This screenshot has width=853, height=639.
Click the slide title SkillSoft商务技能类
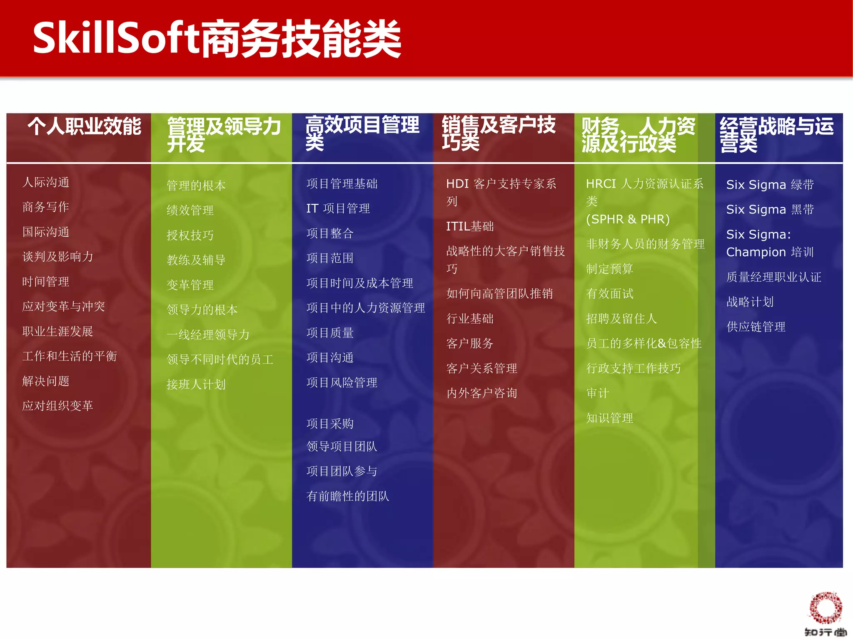click(217, 38)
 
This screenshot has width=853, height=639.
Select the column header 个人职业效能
click(85, 126)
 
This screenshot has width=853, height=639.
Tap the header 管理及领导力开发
click(224, 134)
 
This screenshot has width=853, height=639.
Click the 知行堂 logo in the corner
click(825, 614)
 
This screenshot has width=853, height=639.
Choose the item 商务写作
click(46, 207)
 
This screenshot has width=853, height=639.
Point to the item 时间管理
click(46, 282)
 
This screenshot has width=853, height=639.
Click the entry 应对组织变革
click(57, 406)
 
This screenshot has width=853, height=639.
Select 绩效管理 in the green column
click(190, 210)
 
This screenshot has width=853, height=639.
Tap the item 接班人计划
click(196, 384)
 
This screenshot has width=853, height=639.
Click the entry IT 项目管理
click(338, 208)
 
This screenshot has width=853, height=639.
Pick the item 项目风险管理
click(342, 383)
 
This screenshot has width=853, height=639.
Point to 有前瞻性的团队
click(347, 496)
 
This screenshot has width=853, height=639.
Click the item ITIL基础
click(470, 226)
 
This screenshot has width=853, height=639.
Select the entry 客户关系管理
click(481, 368)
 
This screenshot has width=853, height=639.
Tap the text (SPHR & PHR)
click(628, 219)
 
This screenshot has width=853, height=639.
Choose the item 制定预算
click(609, 269)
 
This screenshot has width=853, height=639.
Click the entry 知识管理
click(609, 418)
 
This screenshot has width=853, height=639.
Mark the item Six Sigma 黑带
click(770, 209)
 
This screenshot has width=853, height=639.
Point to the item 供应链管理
click(756, 327)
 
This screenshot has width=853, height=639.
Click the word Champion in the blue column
click(756, 252)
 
